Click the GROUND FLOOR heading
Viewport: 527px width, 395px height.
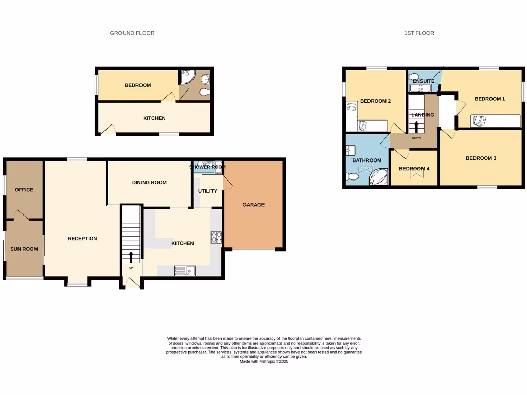132,33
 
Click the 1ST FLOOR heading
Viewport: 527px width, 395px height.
419,33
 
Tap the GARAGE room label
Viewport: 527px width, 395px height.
254,205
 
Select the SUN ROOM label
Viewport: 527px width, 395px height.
24,249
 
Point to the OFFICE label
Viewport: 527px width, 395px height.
24,190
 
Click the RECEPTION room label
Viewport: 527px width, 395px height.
82,239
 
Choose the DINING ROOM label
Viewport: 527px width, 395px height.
149,183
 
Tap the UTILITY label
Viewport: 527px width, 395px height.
208,191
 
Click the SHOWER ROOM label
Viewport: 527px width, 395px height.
208,167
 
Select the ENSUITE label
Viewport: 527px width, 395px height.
423,81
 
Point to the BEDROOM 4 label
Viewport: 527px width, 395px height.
414,169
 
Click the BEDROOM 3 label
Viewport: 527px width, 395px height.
481,158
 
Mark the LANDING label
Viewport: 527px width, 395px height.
423,115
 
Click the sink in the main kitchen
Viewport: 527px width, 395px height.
184,271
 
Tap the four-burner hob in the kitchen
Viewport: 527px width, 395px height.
216,237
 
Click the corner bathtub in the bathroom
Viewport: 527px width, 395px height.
379,176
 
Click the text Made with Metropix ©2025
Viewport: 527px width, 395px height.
263,361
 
